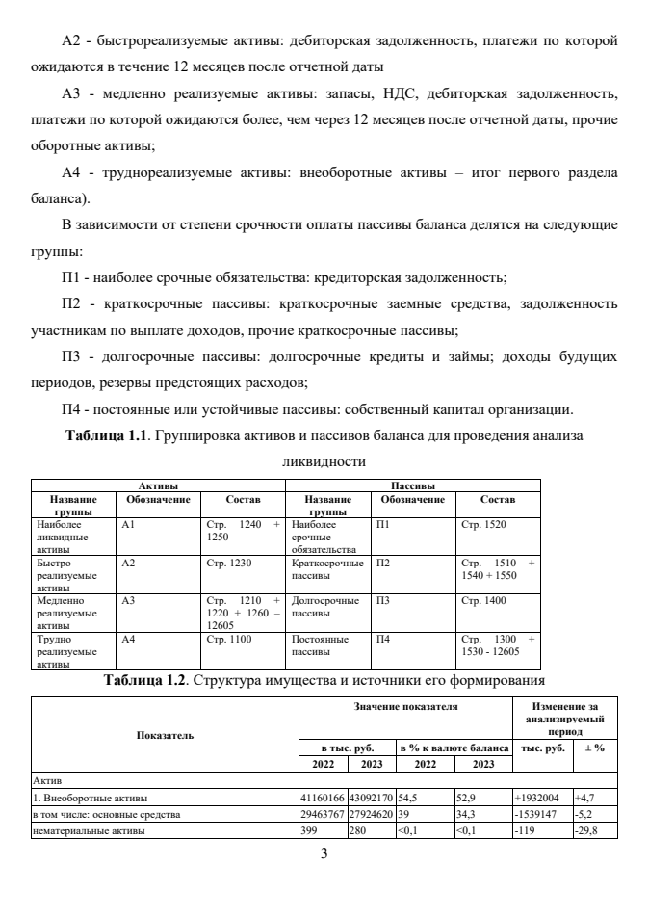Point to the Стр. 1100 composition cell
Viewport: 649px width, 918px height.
[x=225, y=640]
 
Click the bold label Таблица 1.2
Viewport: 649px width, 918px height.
[x=152, y=682]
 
